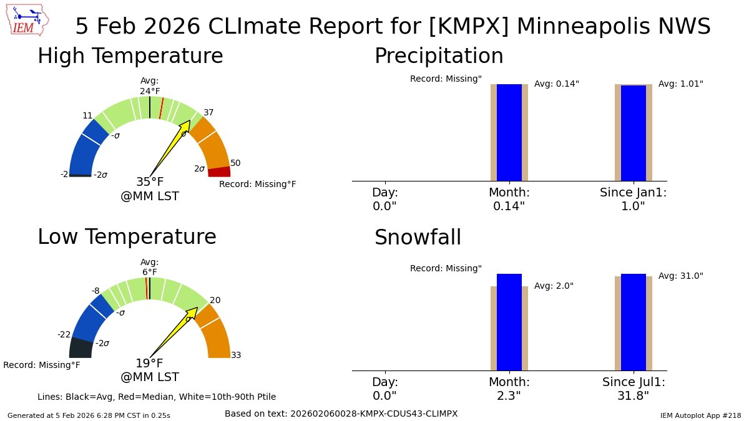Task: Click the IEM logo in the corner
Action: [29, 20]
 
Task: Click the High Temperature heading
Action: [130, 56]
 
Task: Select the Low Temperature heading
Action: [127, 237]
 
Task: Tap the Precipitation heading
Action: [438, 56]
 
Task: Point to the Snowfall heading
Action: [418, 238]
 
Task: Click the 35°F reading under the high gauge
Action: [150, 182]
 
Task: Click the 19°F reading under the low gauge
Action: [150, 364]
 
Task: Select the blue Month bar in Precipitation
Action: [509, 132]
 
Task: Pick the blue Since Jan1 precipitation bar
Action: [633, 133]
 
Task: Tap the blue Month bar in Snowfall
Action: [509, 322]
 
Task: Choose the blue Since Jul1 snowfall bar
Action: [633, 322]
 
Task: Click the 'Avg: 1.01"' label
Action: [680, 84]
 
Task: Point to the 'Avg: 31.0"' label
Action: [680, 276]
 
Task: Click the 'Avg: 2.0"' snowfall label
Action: [554, 286]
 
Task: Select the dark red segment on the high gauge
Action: [219, 172]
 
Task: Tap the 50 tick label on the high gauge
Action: [235, 163]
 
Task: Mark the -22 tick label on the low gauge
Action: [64, 334]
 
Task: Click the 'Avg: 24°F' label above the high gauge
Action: [150, 86]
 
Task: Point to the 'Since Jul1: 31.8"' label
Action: [634, 389]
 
